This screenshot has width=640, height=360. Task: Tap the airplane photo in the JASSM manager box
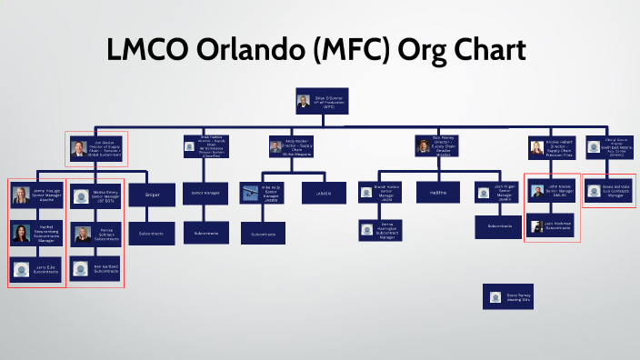[x=251, y=192]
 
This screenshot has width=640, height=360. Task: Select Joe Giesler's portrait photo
[x=79, y=146]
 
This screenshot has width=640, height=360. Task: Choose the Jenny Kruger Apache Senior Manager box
[x=36, y=195]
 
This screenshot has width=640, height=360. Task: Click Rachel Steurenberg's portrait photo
[x=20, y=233]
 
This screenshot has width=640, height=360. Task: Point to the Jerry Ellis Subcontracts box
[x=36, y=269]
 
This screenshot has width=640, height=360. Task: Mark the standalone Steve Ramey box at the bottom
[x=508, y=296]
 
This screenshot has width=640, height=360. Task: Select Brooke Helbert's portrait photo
[x=536, y=146]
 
